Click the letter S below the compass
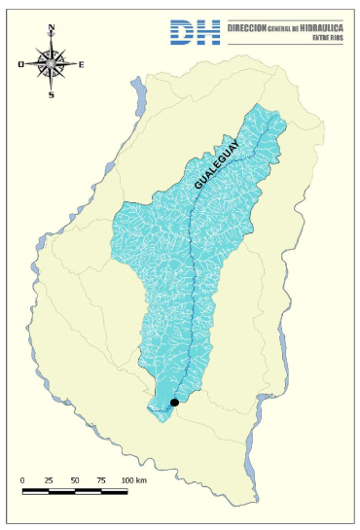tap(52, 94)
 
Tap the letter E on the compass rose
tap(81, 64)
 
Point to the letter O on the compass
tap(21, 64)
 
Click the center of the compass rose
tap(52, 63)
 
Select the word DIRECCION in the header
tap(245, 29)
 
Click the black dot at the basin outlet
tap(174, 402)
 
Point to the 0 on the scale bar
tap(22, 480)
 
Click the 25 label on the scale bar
tap(49, 480)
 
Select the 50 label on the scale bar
tap(75, 480)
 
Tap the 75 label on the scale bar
tap(101, 480)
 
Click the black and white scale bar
tap(75, 491)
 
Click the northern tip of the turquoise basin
tap(257, 104)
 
